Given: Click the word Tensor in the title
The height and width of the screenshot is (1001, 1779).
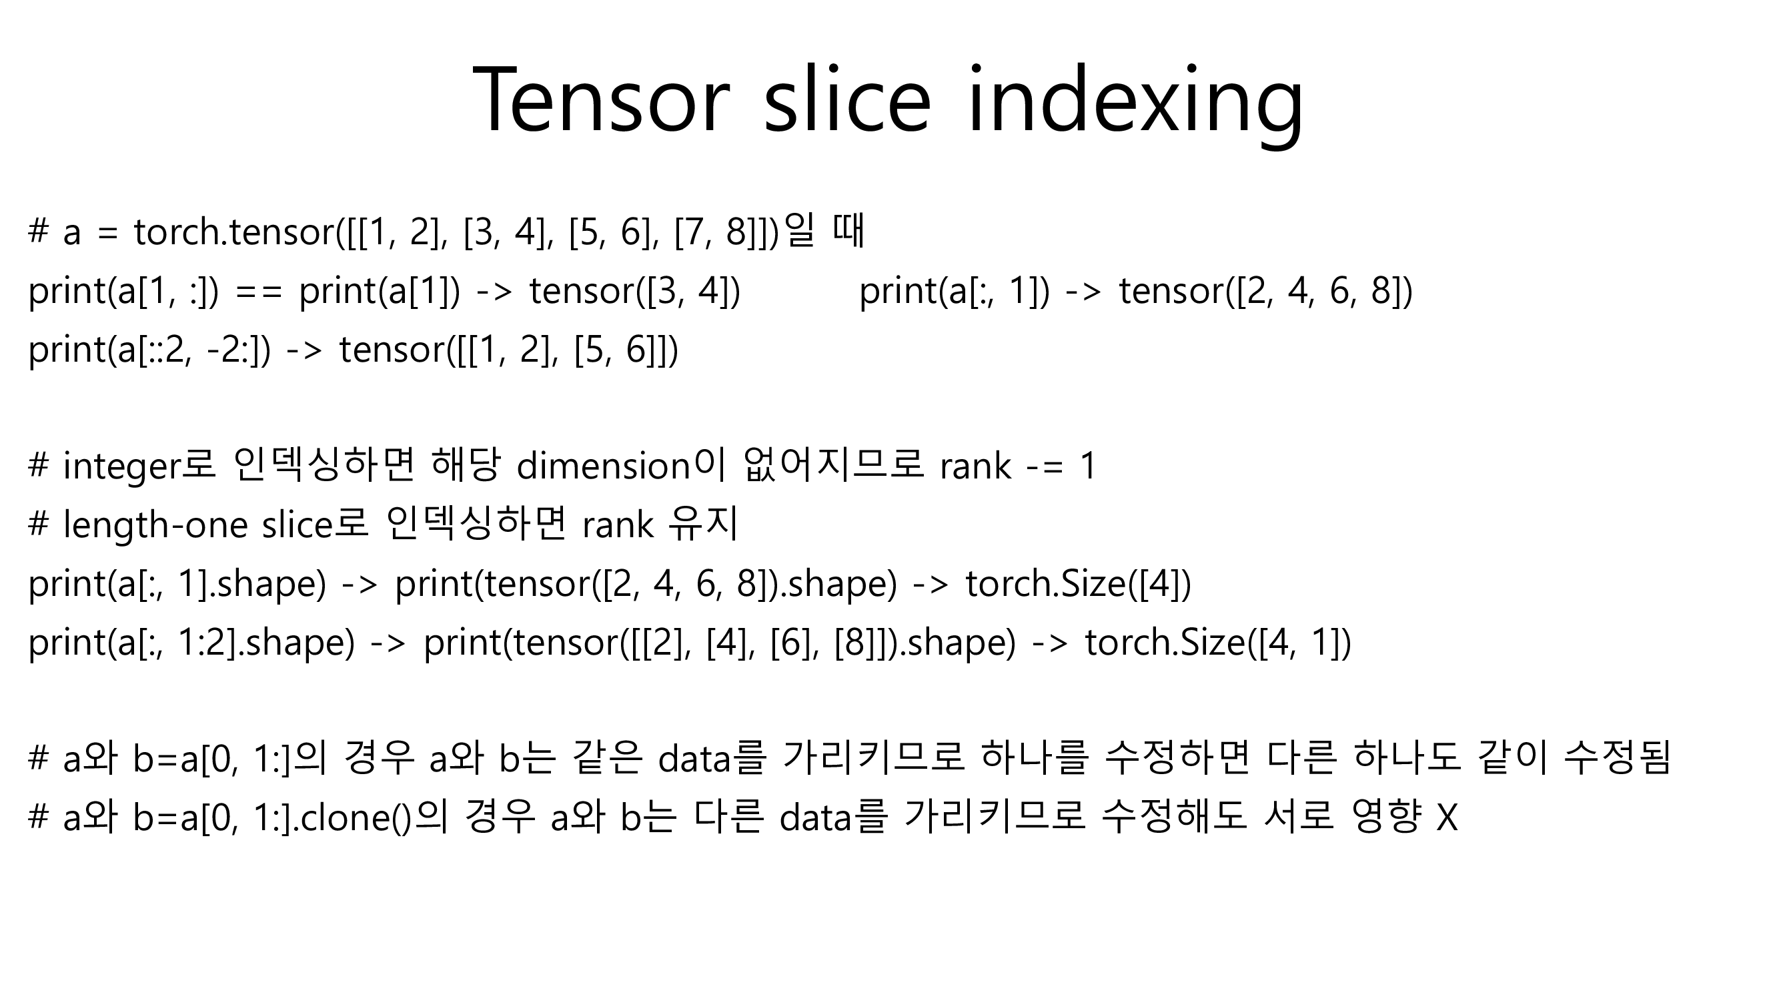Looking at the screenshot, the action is click(x=602, y=100).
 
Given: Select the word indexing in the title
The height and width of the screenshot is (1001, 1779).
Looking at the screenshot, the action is click(x=1135, y=103).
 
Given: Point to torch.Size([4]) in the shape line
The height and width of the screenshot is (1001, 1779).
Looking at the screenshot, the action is click(x=1078, y=584).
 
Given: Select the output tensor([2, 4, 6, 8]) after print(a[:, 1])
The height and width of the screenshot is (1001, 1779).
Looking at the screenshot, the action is click(x=1266, y=291).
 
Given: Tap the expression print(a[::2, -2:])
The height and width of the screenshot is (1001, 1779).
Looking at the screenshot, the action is click(x=149, y=350).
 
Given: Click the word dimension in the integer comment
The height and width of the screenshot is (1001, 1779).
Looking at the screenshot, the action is click(x=604, y=466).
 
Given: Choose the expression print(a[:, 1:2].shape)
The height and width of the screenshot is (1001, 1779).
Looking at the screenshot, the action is click(x=191, y=643).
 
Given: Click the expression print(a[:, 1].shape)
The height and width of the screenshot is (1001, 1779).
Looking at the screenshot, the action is click(x=177, y=584).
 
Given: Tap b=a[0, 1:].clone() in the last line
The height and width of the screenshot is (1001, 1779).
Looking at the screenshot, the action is click(x=272, y=818).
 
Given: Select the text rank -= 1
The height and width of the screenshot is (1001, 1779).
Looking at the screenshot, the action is click(x=1018, y=466).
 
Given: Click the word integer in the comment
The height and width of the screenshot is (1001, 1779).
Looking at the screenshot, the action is click(x=121, y=467).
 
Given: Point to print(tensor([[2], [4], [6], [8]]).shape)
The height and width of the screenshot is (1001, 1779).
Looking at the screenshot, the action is click(x=720, y=643).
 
